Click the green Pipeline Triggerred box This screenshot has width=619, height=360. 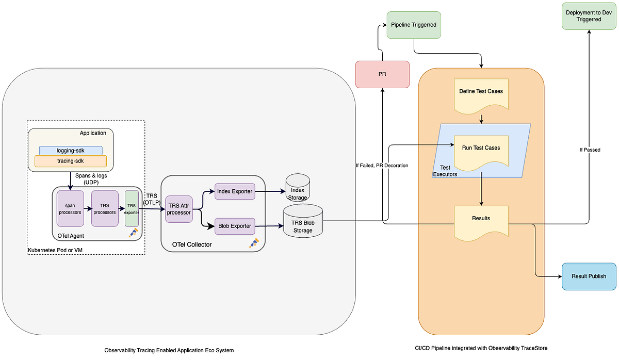[x=413, y=24]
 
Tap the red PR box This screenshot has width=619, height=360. [x=382, y=74]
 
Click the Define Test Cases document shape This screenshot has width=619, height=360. [x=481, y=94]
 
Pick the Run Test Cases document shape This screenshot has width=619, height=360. [x=481, y=151]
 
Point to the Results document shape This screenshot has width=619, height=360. [x=481, y=221]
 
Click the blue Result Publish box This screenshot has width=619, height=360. [x=589, y=276]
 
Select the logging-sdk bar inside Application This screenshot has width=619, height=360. [x=71, y=150]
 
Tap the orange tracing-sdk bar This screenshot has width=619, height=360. [x=71, y=161]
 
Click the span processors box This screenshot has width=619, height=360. [x=70, y=208]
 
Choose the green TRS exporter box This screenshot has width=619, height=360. [x=132, y=208]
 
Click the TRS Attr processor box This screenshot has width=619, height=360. [x=178, y=209]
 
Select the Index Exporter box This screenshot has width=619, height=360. [x=235, y=191]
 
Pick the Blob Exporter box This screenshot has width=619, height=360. [x=235, y=226]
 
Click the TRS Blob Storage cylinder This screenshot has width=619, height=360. [x=303, y=223]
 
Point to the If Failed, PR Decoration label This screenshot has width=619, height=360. [x=382, y=166]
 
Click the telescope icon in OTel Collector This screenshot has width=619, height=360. [x=253, y=243]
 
